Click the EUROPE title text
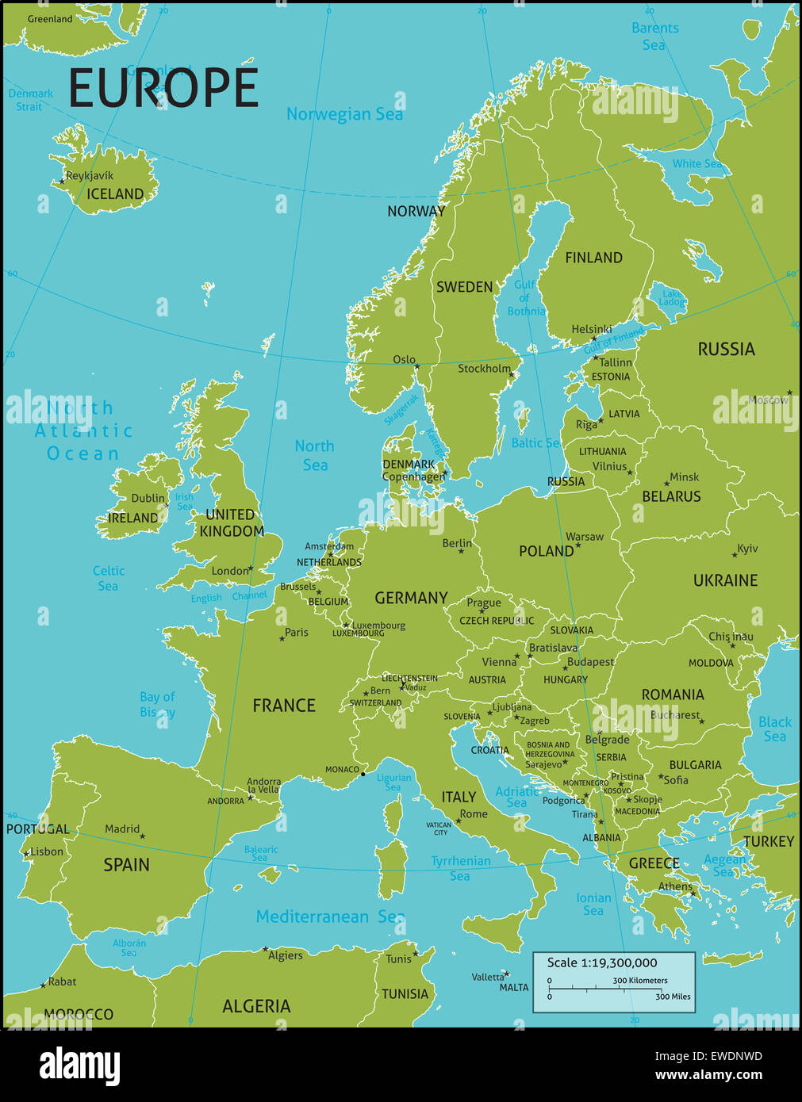tap(163, 88)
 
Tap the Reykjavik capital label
tap(90, 175)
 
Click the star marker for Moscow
tap(789, 392)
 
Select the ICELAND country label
tap(115, 194)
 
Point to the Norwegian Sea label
tap(344, 114)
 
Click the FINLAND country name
tap(593, 258)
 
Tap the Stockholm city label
tap(484, 369)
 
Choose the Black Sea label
tap(774, 729)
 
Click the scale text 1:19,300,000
tap(602, 962)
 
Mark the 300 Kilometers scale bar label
tap(639, 981)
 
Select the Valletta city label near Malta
tap(488, 977)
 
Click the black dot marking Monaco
tap(363, 774)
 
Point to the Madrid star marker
tap(143, 836)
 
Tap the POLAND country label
tap(546, 551)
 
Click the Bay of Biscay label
tap(157, 704)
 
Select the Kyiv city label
tap(747, 548)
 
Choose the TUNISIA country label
tap(405, 994)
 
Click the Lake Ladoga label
tap(671, 297)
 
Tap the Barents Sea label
tap(654, 36)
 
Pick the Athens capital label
tap(675, 886)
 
